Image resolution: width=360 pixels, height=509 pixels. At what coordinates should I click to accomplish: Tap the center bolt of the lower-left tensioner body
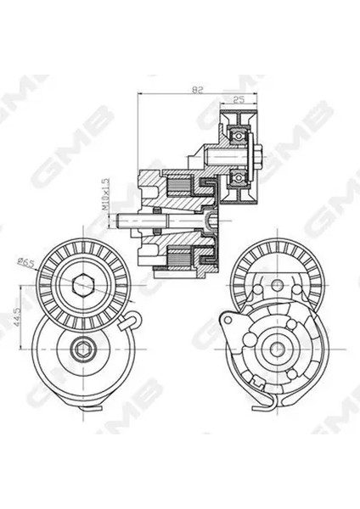82,352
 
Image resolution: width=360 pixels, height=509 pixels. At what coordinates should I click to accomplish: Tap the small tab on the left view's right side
130,322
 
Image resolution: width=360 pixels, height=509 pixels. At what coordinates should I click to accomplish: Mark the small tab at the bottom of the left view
83,410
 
